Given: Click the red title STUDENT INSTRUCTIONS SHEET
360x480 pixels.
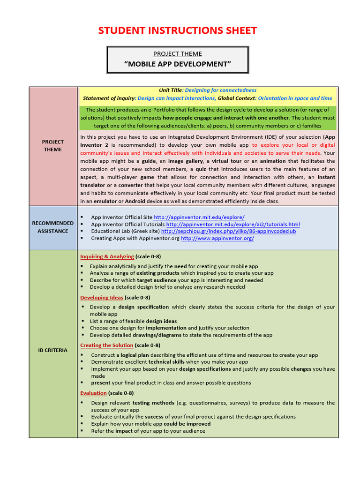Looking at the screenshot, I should click(x=177, y=31).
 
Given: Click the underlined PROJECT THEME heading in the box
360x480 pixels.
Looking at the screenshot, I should click(x=177, y=54).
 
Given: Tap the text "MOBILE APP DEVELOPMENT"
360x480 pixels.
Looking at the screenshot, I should click(x=178, y=64).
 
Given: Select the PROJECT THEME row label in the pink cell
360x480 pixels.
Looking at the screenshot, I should click(x=52, y=146).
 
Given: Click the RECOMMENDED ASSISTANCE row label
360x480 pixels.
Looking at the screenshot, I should click(x=52, y=227).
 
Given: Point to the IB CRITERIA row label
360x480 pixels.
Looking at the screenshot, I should click(x=52, y=350).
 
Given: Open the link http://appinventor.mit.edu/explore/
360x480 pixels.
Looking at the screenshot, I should click(x=199, y=217).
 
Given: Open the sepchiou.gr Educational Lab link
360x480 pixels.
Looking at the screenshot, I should click(x=228, y=231).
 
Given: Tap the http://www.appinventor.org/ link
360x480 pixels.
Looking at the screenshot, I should click(x=217, y=238).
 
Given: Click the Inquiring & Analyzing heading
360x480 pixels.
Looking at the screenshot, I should click(x=107, y=256).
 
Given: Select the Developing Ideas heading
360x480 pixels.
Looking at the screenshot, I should click(x=102, y=298).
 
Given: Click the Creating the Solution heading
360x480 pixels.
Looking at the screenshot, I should click(x=107, y=345).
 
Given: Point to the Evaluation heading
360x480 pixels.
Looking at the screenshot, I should click(x=93, y=393).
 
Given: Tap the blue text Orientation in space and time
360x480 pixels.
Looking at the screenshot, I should click(x=295, y=98).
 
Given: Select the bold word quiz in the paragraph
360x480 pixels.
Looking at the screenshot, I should click(x=201, y=169).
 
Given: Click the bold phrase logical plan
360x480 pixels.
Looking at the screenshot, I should click(x=135, y=355).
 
